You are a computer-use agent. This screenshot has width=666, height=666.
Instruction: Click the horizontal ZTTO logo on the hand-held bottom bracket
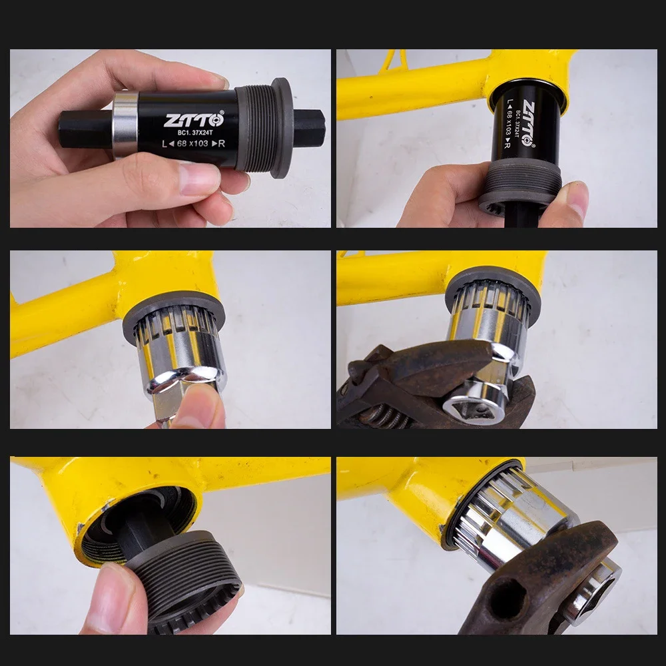[194, 120]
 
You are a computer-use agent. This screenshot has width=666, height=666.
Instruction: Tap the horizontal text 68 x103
[192, 144]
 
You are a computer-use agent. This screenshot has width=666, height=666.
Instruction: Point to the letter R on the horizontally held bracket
[221, 144]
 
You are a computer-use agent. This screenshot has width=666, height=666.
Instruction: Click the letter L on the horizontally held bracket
[165, 144]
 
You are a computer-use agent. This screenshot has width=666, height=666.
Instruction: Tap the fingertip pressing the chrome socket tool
[200, 407]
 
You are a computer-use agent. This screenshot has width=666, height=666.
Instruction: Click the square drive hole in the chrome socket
[472, 409]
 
